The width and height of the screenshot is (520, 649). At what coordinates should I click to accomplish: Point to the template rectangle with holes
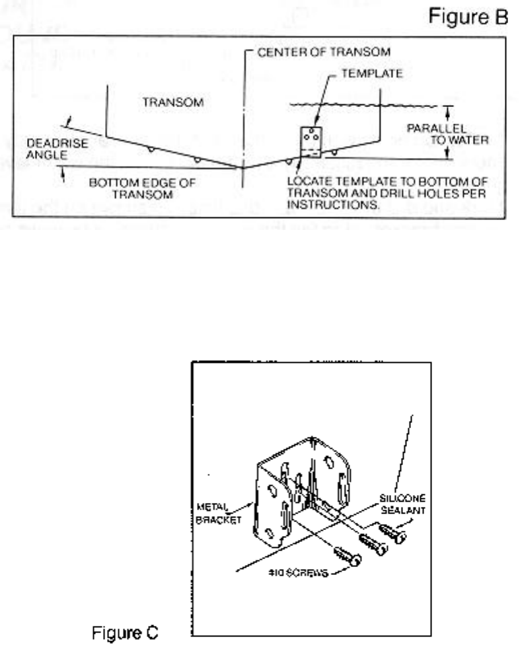311,143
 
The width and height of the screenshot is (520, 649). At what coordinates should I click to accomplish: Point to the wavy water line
337,104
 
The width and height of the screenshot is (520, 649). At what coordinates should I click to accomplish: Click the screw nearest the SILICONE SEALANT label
392,532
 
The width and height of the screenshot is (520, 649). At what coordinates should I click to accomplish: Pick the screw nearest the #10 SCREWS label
347,556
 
